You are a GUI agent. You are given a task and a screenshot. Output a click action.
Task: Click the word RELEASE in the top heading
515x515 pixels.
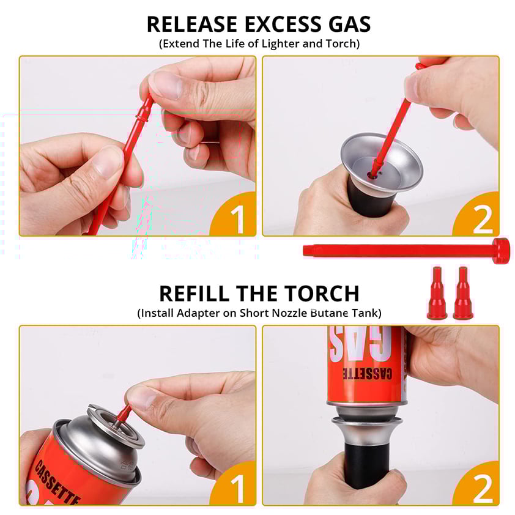pos(192,24)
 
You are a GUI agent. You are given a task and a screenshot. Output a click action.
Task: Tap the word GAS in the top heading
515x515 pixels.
pos(349,24)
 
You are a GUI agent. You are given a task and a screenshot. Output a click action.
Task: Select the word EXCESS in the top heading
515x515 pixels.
pos(283,24)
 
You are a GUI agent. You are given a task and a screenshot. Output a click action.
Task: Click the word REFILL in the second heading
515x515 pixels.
pos(194,294)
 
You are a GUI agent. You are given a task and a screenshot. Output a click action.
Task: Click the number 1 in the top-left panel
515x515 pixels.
pos(238,219)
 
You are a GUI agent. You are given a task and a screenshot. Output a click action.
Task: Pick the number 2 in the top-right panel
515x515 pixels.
pos(482,219)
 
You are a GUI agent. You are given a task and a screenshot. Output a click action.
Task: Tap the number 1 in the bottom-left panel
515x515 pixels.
pos(238,489)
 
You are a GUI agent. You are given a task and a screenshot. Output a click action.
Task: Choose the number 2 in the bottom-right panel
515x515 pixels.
pos(482,489)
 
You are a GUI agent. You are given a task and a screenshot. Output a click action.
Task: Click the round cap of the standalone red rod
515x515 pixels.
pos(501,251)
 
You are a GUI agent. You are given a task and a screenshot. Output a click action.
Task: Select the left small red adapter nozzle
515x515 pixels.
pos(437,293)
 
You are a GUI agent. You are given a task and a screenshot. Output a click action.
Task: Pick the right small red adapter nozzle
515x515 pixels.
pos(463,293)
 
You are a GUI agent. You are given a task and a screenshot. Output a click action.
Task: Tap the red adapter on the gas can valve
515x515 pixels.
pos(123,415)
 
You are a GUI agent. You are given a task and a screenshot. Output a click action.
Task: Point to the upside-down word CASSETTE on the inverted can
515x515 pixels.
pos(367,374)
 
